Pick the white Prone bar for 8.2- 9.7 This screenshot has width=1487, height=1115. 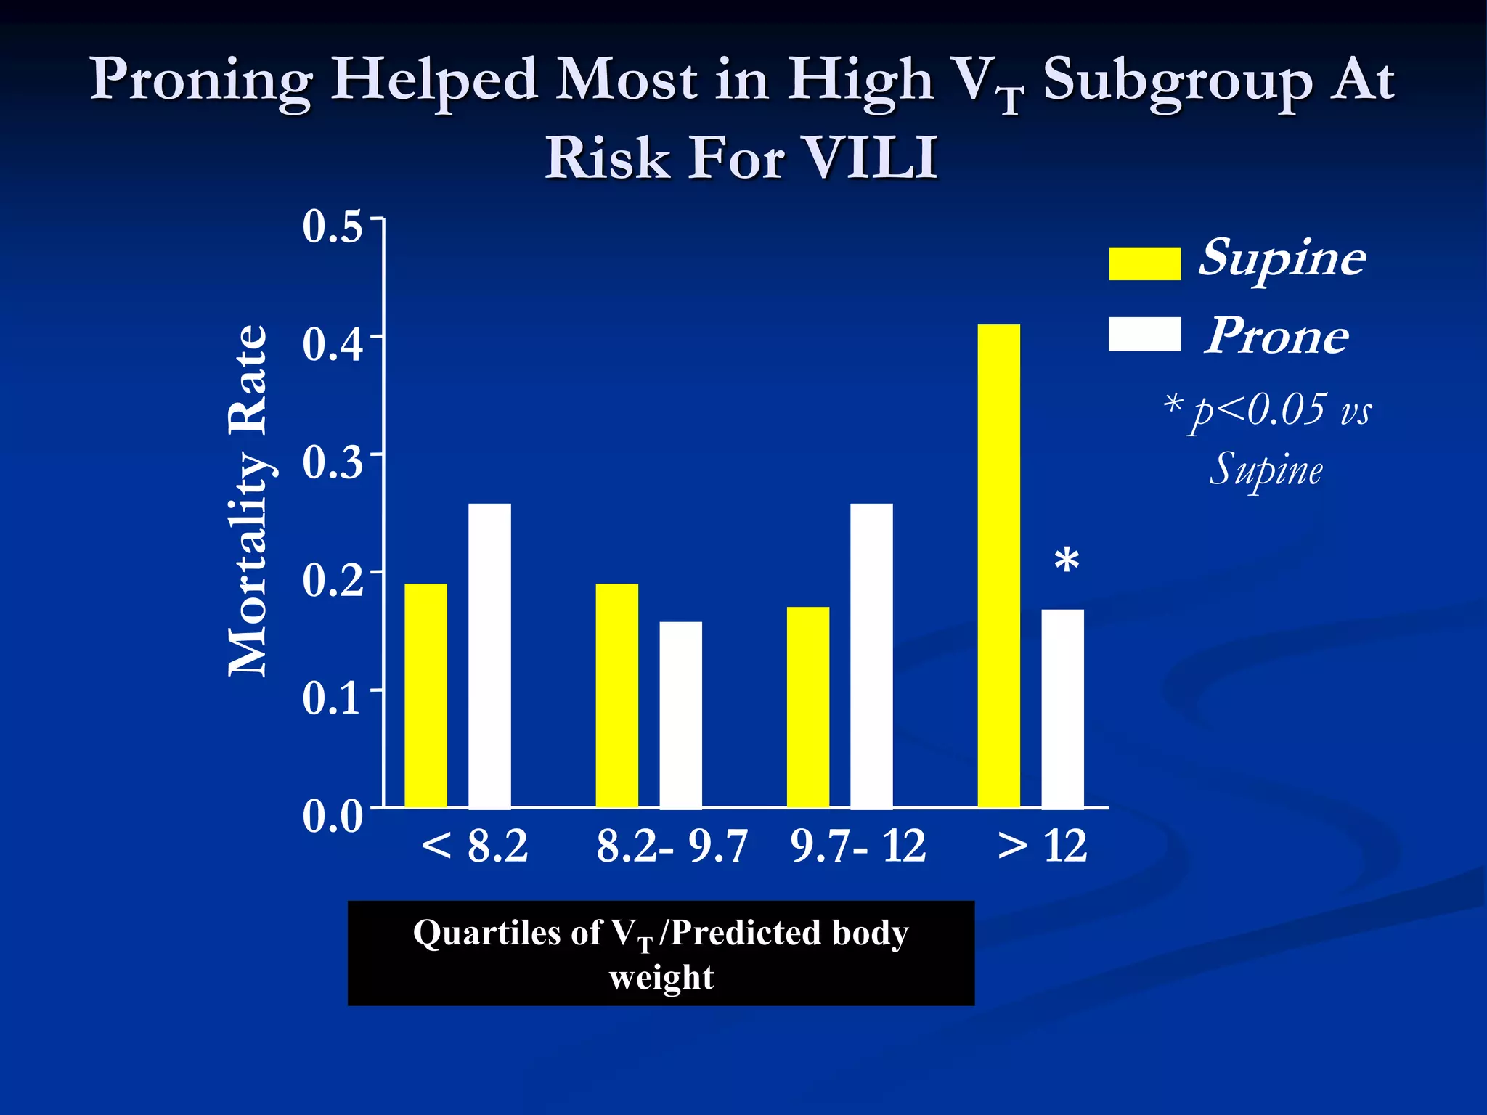tap(680, 714)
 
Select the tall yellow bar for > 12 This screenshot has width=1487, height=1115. tap(998, 565)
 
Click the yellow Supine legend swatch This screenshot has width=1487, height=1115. tap(1144, 263)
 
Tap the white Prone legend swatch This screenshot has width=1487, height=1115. tap(1144, 334)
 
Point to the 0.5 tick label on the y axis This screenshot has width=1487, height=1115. tap(333, 226)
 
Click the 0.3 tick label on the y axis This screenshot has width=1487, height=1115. tap(333, 462)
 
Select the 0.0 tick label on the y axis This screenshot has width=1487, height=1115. tap(333, 816)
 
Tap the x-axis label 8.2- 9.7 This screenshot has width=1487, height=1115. tap(672, 846)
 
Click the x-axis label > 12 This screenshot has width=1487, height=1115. tap(1043, 846)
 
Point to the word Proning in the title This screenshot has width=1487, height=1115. tap(201, 80)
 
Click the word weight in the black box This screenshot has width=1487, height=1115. tap(661, 977)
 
